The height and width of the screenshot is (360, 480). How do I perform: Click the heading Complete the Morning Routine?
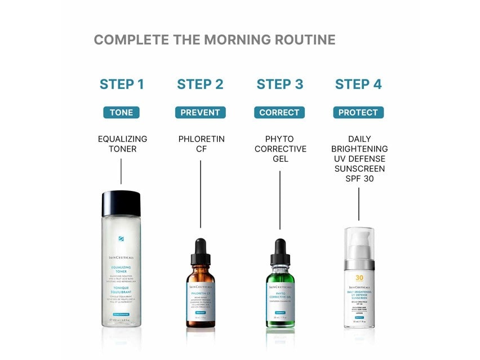coord(214,40)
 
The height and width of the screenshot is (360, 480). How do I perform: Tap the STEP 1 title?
coord(122,85)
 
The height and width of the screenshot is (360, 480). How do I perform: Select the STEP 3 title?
coord(279,85)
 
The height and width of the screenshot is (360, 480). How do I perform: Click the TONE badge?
coord(122,112)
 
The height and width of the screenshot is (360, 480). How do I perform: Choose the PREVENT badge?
coord(200,112)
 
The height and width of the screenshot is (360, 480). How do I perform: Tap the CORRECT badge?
coord(279,112)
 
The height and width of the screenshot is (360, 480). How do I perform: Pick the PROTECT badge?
coord(358,112)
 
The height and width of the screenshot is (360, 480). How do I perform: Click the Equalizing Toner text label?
coord(122,144)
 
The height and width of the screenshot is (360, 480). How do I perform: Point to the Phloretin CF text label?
coord(201,144)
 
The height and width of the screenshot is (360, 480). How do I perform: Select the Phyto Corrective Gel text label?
coord(280,149)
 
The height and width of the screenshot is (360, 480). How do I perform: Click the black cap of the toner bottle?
coord(121,203)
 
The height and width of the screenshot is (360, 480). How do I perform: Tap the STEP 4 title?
coord(358,85)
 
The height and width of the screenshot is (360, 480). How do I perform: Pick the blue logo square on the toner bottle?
coord(121,239)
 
